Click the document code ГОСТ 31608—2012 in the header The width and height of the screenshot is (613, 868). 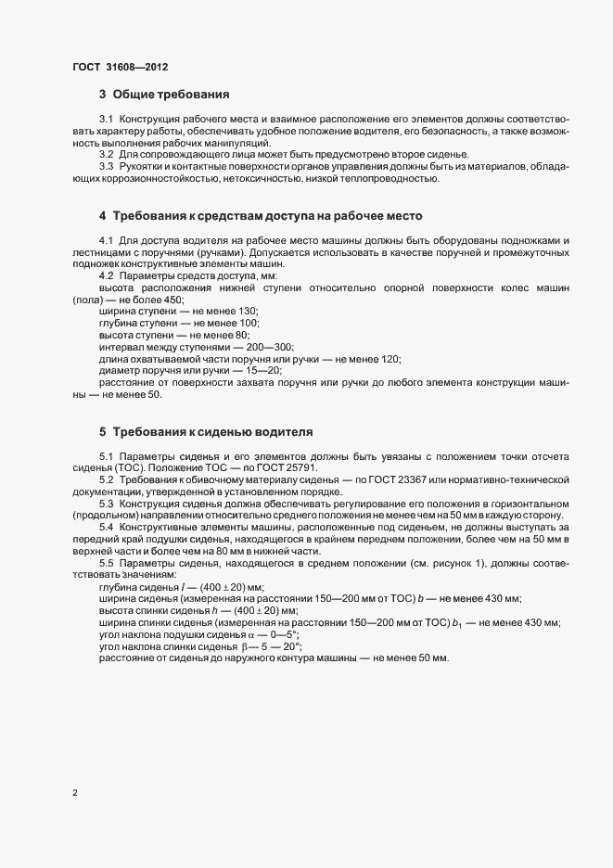click(x=120, y=66)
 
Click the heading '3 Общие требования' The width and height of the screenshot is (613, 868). click(x=164, y=95)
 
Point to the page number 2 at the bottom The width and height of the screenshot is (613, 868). click(x=75, y=793)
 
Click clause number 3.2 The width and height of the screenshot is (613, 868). click(x=106, y=154)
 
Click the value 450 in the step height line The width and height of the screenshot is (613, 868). click(x=172, y=300)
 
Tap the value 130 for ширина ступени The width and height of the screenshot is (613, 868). click(x=248, y=312)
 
